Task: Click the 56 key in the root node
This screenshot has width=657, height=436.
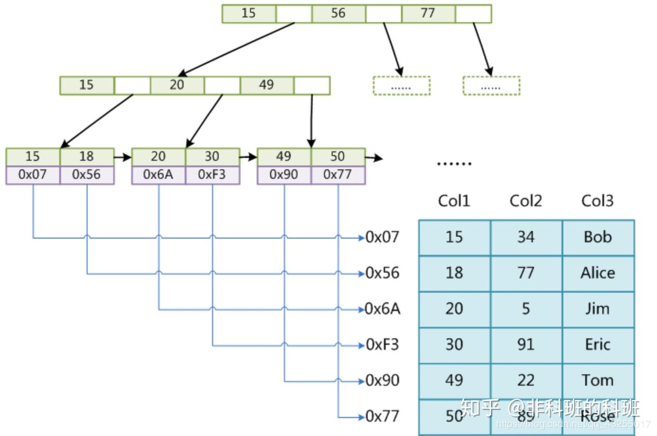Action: tap(338, 14)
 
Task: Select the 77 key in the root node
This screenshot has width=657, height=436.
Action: tap(428, 14)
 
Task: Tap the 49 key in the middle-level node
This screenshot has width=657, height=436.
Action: tap(266, 85)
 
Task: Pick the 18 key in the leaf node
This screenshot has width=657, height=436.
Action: tap(86, 156)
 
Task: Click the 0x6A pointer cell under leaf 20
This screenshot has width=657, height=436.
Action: tap(158, 175)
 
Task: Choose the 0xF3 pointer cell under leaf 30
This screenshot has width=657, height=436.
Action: tap(212, 175)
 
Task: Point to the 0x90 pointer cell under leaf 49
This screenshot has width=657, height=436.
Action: tap(284, 175)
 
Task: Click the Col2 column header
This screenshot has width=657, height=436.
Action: tap(526, 201)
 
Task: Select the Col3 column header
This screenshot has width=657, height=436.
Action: tap(597, 201)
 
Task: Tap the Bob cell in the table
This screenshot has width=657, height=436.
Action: tap(598, 237)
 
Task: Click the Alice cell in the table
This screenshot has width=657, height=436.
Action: tap(598, 273)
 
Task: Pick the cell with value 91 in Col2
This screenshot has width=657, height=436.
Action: tap(526, 345)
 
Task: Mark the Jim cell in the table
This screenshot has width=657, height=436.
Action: tap(598, 309)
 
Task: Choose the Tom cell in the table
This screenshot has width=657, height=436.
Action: tap(598, 380)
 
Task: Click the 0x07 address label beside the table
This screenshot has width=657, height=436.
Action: tap(382, 237)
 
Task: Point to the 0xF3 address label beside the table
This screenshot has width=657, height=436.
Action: tap(382, 345)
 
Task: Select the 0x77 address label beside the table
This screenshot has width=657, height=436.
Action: tap(382, 416)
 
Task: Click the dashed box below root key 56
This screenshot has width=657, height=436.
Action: tap(401, 86)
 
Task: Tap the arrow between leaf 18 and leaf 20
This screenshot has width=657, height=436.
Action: tap(122, 157)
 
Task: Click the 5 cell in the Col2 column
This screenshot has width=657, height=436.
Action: tap(526, 309)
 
